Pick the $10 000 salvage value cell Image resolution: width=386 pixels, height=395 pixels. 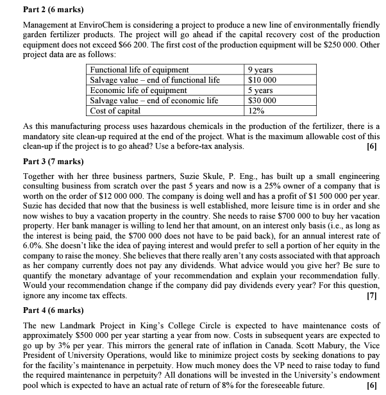coord(262,80)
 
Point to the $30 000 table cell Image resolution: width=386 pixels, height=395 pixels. coord(262,100)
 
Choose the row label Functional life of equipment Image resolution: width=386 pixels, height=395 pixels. coord(140,69)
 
